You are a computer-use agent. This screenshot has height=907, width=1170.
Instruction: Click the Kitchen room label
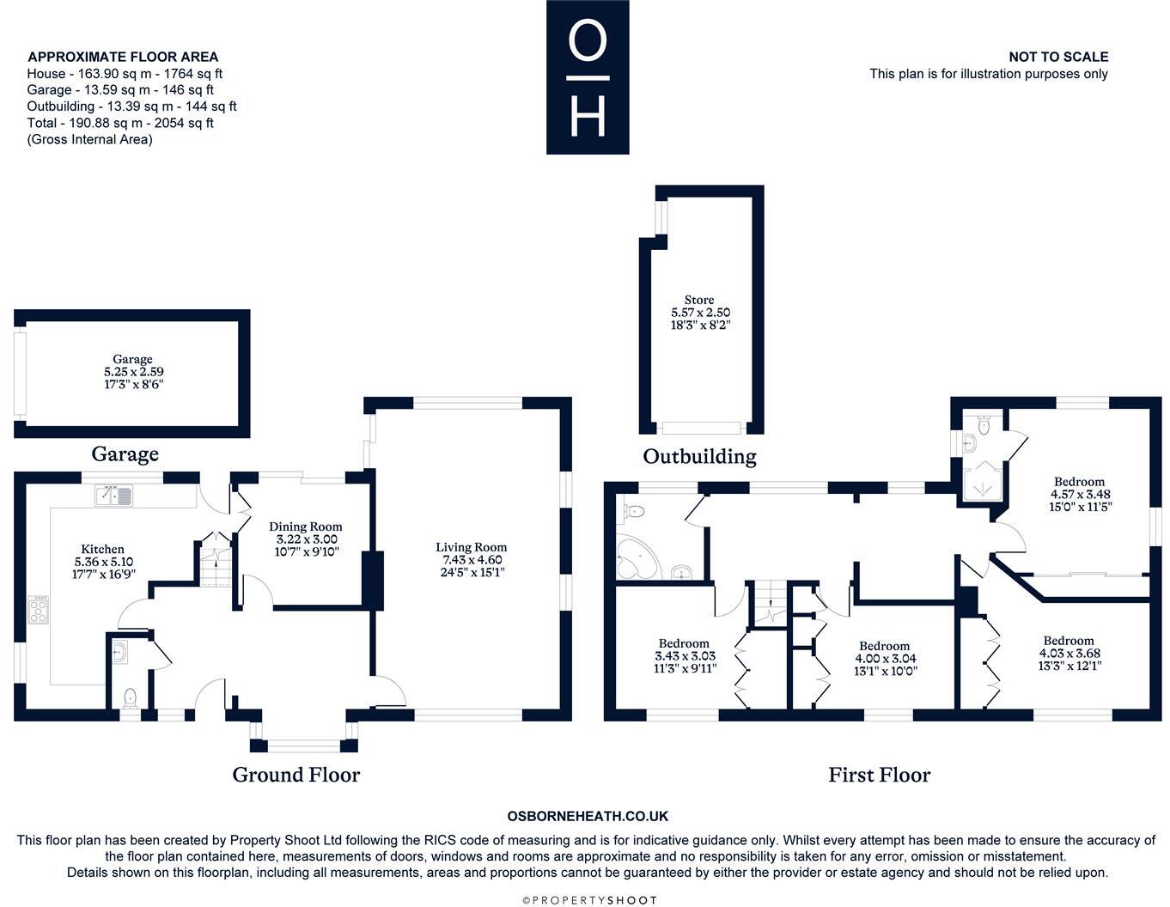click(x=102, y=549)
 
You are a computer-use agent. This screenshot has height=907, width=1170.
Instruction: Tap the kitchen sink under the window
click(x=113, y=496)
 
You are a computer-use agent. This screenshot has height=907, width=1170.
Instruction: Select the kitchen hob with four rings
click(x=39, y=609)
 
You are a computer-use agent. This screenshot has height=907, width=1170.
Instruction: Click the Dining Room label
click(x=305, y=527)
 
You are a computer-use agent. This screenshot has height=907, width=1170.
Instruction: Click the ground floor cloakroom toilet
click(x=131, y=697)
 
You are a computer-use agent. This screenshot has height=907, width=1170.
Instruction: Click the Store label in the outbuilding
click(x=699, y=300)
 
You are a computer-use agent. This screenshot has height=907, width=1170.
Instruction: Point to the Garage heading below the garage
click(x=125, y=453)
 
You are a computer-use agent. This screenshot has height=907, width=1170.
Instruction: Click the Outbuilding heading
click(x=699, y=456)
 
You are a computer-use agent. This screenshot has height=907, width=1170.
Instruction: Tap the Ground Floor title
click(x=296, y=775)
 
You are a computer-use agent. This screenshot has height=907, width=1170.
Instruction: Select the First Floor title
click(x=880, y=775)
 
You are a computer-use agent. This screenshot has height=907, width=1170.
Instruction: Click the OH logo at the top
click(x=588, y=77)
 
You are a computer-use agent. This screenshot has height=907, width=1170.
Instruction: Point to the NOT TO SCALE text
click(x=1058, y=57)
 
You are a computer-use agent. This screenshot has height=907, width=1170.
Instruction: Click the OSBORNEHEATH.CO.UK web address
click(x=588, y=816)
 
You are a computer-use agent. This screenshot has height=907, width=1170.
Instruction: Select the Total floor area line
click(x=120, y=123)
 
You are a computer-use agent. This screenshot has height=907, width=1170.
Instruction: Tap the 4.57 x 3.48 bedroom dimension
click(x=1080, y=494)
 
